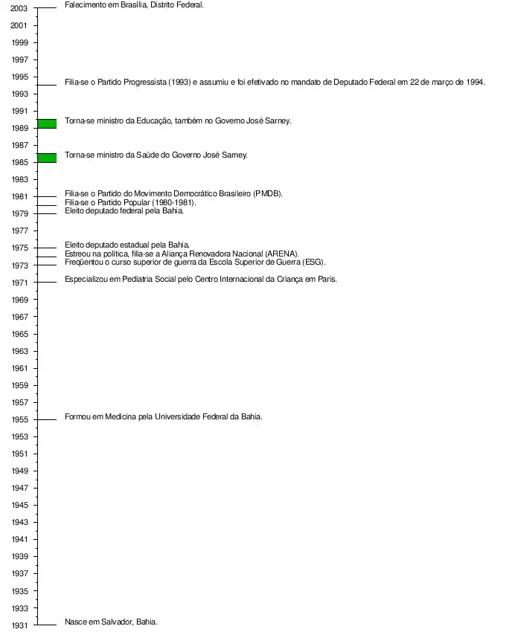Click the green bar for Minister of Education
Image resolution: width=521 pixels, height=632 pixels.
coord(47,123)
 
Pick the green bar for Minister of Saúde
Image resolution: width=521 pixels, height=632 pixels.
coord(47,158)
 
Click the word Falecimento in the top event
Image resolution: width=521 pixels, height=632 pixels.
coord(85,4)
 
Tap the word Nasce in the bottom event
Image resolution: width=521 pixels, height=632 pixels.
coord(77,622)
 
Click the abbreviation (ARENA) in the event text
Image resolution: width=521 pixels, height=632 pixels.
coord(281,254)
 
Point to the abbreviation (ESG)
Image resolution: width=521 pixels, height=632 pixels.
coord(315,262)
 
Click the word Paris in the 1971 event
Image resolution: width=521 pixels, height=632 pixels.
coord(327,279)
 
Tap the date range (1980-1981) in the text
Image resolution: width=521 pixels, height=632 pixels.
coord(173,202)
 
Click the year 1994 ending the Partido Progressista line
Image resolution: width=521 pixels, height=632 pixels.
coord(475,82)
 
